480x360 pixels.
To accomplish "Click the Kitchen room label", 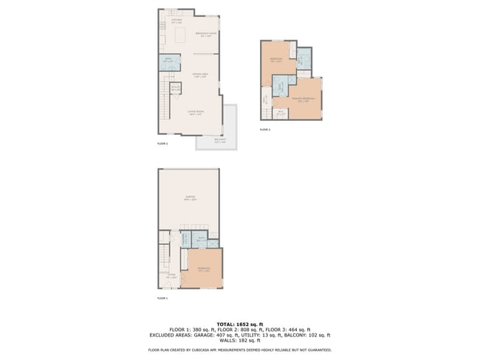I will coord(176,22).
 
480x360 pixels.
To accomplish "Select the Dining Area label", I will coord(199,75).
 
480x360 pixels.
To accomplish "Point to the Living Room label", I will coord(196,114).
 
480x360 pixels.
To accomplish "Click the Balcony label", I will coord(220,140).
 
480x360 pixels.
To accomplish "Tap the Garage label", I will coord(190,198).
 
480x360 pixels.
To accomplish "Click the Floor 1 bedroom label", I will coord(205,269).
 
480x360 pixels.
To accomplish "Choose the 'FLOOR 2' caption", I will coord(162,144).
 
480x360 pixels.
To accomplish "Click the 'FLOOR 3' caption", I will coord(264,129).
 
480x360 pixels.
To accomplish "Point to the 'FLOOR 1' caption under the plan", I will coord(162,298).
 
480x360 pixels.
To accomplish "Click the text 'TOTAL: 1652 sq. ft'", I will coord(240,324).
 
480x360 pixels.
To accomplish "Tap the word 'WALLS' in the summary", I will coord(231,339).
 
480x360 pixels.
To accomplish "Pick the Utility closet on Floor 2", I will coord(176,89).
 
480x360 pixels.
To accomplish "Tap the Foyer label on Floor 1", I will coord(171,277).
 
